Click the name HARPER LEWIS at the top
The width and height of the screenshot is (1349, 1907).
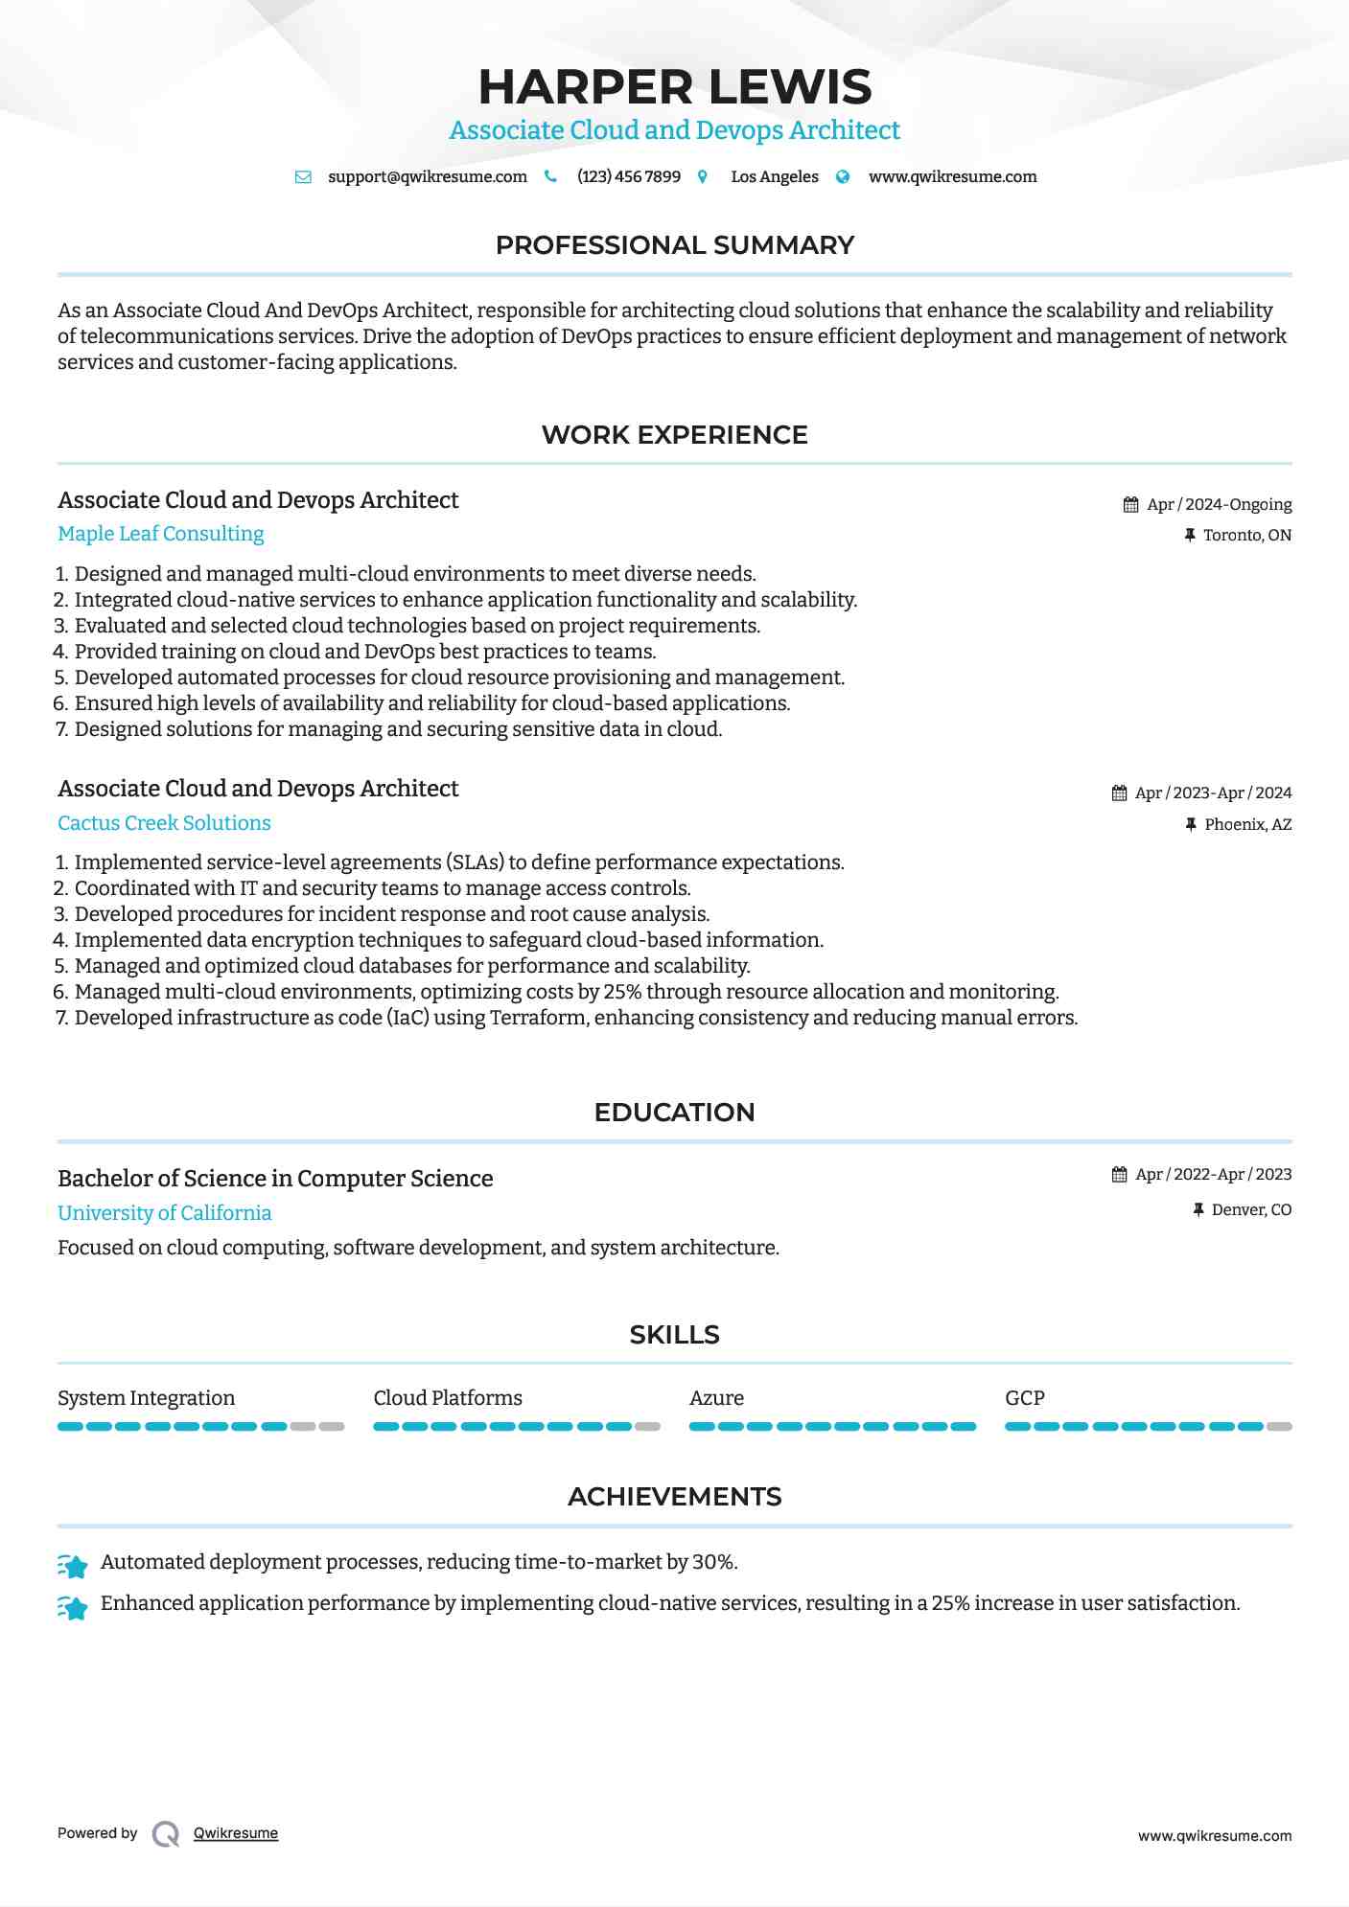(674, 87)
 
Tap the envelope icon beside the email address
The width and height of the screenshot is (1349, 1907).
(303, 177)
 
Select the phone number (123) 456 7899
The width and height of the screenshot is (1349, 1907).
(628, 177)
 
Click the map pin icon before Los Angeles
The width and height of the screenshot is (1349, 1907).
(703, 177)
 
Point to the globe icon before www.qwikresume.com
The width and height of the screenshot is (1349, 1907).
(843, 177)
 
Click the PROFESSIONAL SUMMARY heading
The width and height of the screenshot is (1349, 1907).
(674, 245)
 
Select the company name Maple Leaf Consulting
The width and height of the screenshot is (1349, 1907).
(160, 534)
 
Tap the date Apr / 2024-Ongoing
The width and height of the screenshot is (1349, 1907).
(1219, 505)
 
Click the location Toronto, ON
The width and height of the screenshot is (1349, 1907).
(1246, 536)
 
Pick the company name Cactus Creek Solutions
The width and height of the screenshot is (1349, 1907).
(164, 823)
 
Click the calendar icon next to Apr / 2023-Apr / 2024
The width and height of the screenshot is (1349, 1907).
(1119, 793)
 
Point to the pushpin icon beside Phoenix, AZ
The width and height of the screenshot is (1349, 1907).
(1191, 825)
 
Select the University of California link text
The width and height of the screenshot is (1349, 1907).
(164, 1213)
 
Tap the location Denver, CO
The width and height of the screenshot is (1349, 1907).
(1250, 1210)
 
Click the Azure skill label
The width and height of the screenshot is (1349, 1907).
(716, 1398)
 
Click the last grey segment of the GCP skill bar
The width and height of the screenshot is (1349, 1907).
(1279, 1427)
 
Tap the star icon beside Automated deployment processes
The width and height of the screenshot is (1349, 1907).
(73, 1566)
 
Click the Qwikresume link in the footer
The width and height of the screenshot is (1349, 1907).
(236, 1833)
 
